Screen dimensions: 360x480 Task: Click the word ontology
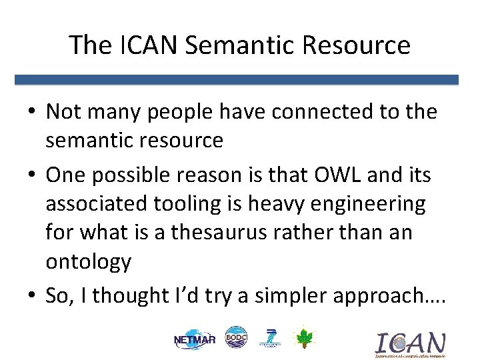point(89,261)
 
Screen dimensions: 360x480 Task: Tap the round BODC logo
point(235,337)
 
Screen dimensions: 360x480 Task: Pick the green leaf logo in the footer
point(303,338)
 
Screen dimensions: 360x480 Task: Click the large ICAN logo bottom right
point(410,344)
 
